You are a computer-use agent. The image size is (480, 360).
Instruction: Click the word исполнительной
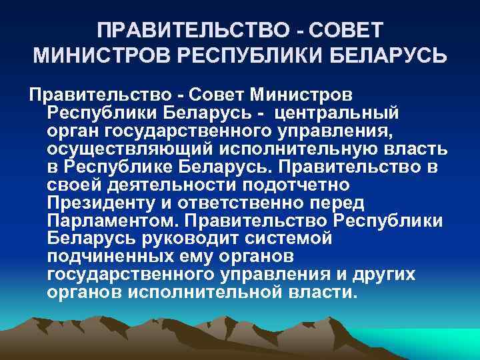coord(213,292)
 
